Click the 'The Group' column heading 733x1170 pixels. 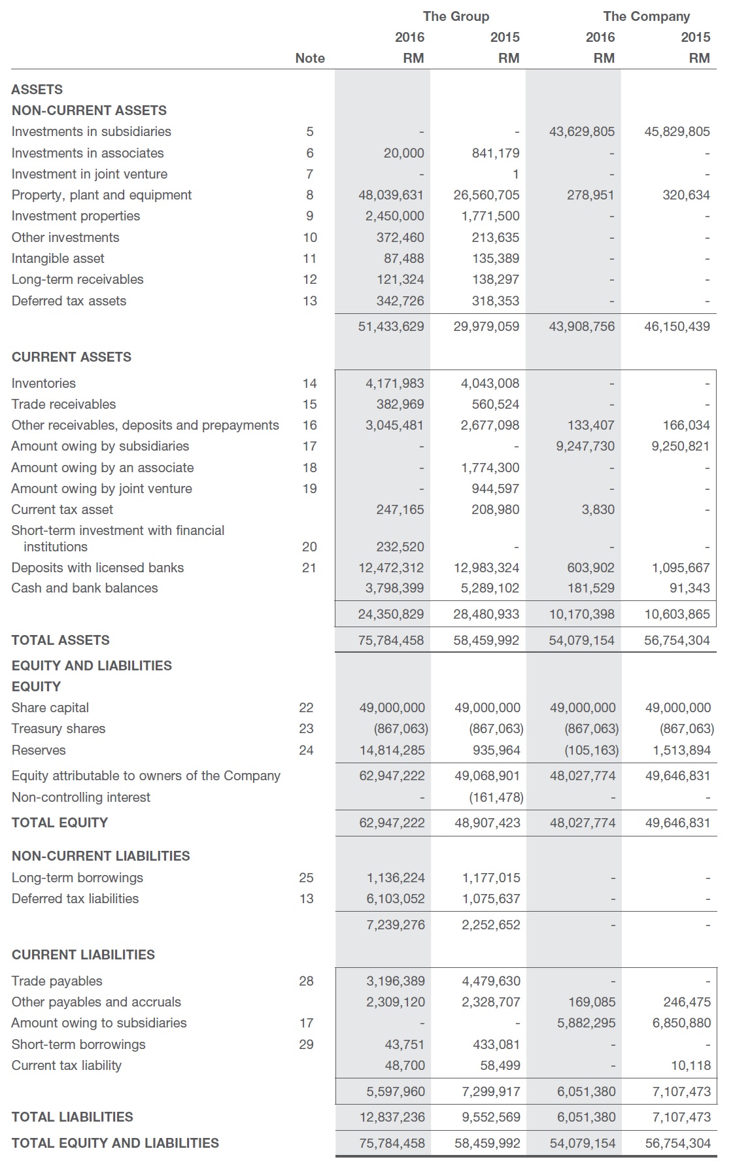click(x=456, y=16)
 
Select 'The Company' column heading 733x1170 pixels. click(x=646, y=16)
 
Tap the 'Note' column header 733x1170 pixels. click(x=310, y=58)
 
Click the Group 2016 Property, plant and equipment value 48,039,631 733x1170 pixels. click(x=391, y=195)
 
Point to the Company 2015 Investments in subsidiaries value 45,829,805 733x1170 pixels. click(x=677, y=131)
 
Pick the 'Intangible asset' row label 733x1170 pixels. click(x=58, y=258)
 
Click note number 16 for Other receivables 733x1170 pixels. click(x=309, y=425)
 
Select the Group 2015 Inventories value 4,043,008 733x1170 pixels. click(x=490, y=383)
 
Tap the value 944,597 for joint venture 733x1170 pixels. click(x=495, y=489)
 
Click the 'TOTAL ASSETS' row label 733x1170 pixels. click(x=61, y=640)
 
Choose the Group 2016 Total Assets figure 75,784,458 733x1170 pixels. click(x=391, y=640)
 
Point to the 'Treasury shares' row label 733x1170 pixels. click(x=58, y=729)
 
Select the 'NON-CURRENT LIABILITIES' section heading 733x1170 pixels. click(x=101, y=856)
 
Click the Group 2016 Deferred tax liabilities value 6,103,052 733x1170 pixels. click(x=395, y=899)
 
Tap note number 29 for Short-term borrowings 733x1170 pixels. click(x=306, y=1044)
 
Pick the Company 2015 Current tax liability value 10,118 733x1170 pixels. click(x=690, y=1065)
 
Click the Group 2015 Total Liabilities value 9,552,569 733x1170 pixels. click(x=491, y=1117)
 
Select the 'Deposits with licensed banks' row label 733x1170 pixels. click(x=97, y=568)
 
